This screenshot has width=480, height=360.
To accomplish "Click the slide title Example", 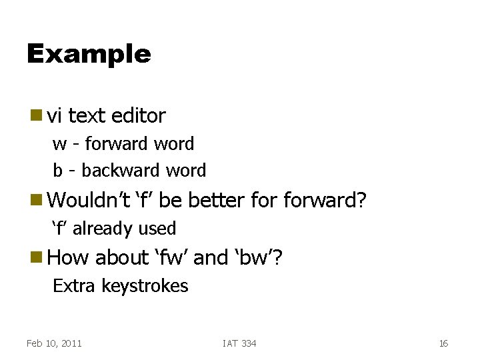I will (x=89, y=54).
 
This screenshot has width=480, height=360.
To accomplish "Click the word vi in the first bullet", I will (x=55, y=116).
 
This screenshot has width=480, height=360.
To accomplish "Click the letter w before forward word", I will (x=59, y=145).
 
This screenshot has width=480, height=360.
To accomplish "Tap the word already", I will (x=102, y=229).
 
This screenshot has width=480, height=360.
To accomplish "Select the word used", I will (x=156, y=229).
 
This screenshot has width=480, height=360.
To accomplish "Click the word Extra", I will (x=75, y=287).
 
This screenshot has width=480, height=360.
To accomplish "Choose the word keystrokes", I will (x=145, y=287).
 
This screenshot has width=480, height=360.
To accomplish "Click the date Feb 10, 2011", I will (x=54, y=343).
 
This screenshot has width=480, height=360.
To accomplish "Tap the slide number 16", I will (x=443, y=343).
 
